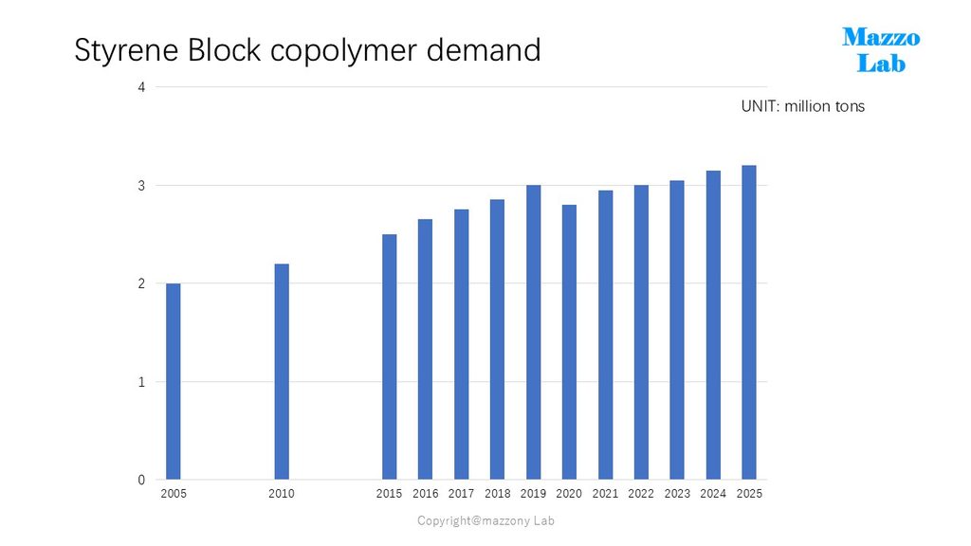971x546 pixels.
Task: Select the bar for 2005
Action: point(174,381)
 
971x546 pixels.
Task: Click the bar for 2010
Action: point(281,372)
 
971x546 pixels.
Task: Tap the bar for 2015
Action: point(390,356)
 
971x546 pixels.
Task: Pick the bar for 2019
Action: point(533,333)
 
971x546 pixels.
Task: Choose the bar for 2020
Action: point(569,342)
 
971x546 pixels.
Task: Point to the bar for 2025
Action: point(749,322)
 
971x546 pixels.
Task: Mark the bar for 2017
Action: point(462,344)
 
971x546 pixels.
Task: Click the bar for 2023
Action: point(677,330)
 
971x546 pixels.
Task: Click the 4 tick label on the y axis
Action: point(142,87)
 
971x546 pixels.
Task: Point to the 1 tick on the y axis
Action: point(142,382)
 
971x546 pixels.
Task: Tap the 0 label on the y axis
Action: point(142,480)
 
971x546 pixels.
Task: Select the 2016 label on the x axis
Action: point(426,493)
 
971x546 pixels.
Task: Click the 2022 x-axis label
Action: point(641,493)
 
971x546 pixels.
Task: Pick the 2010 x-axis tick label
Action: point(281,493)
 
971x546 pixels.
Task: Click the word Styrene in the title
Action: point(126,51)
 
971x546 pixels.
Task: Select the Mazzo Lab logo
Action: point(881,50)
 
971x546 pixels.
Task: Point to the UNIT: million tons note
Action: point(802,106)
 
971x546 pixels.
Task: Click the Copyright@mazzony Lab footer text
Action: point(486,520)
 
